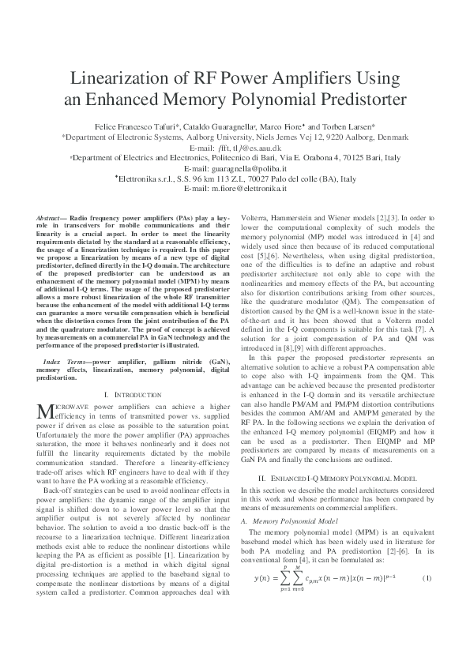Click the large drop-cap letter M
[x=44, y=411]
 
